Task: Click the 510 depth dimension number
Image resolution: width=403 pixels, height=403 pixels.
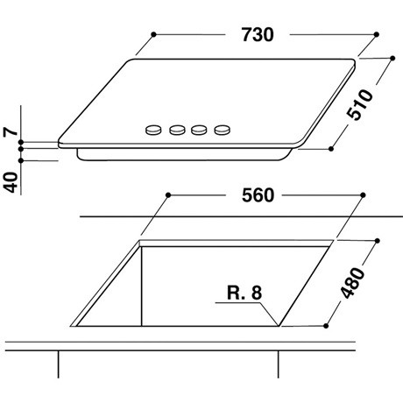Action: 359,105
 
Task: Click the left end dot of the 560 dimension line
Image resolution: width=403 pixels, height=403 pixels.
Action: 166,194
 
